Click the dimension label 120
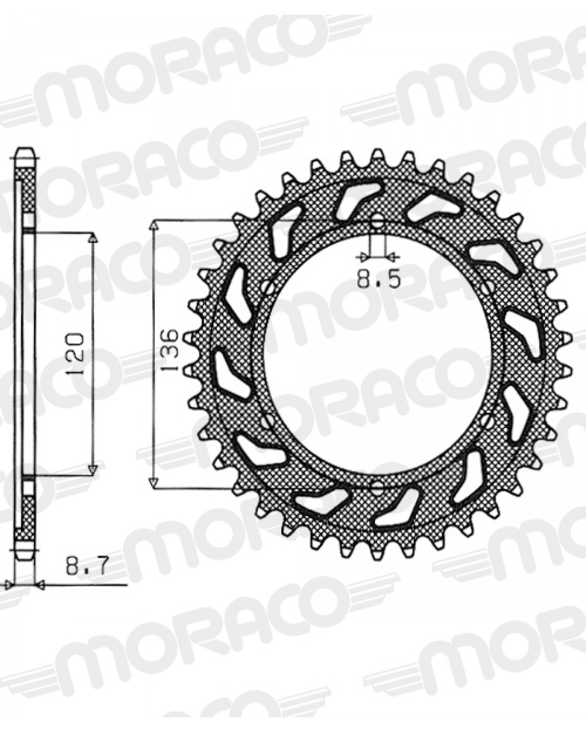(75, 354)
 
